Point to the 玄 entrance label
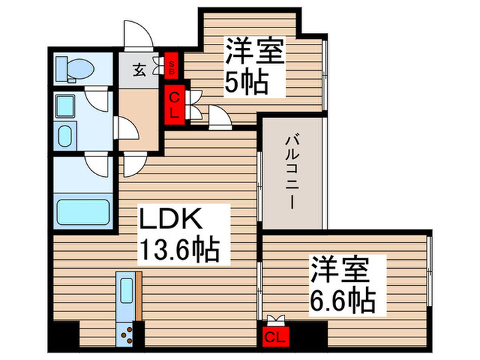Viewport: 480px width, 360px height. [139, 69]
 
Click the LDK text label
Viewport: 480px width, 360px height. [170, 221]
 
